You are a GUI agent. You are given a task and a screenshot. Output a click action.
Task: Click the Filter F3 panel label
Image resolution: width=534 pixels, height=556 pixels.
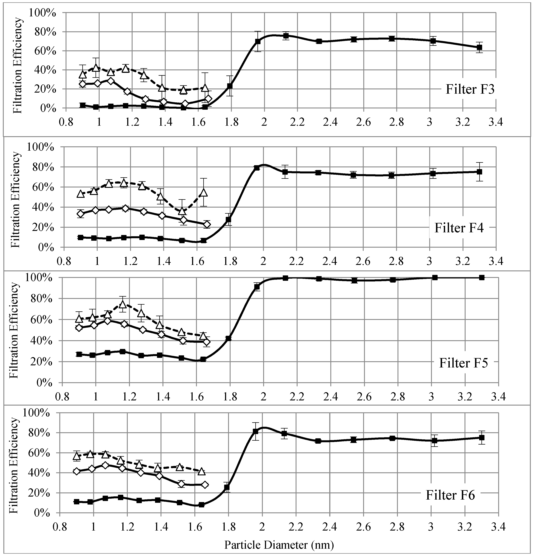click(x=470, y=89)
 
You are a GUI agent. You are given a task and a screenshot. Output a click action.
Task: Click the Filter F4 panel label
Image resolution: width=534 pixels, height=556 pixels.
click(x=459, y=228)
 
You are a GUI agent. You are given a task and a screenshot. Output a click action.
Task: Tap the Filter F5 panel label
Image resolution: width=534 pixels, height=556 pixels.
click(x=463, y=363)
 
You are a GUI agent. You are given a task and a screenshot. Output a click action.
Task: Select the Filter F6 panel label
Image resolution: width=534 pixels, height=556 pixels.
click(x=450, y=495)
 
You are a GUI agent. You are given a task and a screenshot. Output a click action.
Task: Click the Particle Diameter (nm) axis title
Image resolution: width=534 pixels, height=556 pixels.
click(x=279, y=544)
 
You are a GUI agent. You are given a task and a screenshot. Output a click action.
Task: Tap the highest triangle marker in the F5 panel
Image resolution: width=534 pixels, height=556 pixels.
click(x=123, y=304)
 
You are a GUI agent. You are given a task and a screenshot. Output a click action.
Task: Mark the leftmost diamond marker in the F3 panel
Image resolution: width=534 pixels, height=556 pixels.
click(x=83, y=84)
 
